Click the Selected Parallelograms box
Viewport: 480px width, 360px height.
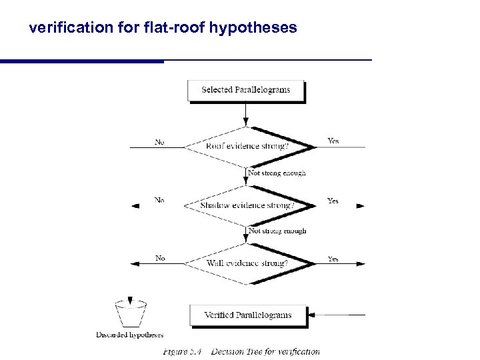click(245, 90)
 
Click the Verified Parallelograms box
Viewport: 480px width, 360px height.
click(248, 315)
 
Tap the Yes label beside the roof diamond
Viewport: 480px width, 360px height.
click(333, 141)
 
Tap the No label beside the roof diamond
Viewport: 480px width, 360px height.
click(160, 142)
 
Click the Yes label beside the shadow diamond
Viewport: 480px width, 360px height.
click(333, 200)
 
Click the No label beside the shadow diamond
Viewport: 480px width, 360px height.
click(160, 200)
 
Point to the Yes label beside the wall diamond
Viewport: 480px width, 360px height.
click(333, 259)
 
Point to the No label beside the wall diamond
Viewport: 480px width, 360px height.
click(160, 258)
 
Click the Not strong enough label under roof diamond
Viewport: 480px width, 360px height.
click(277, 173)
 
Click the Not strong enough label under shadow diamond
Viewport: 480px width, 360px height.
click(277, 231)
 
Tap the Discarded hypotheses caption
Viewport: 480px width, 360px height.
click(130, 335)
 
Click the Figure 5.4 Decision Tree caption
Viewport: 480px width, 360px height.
click(241, 351)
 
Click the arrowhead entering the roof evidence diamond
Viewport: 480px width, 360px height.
click(247, 121)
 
